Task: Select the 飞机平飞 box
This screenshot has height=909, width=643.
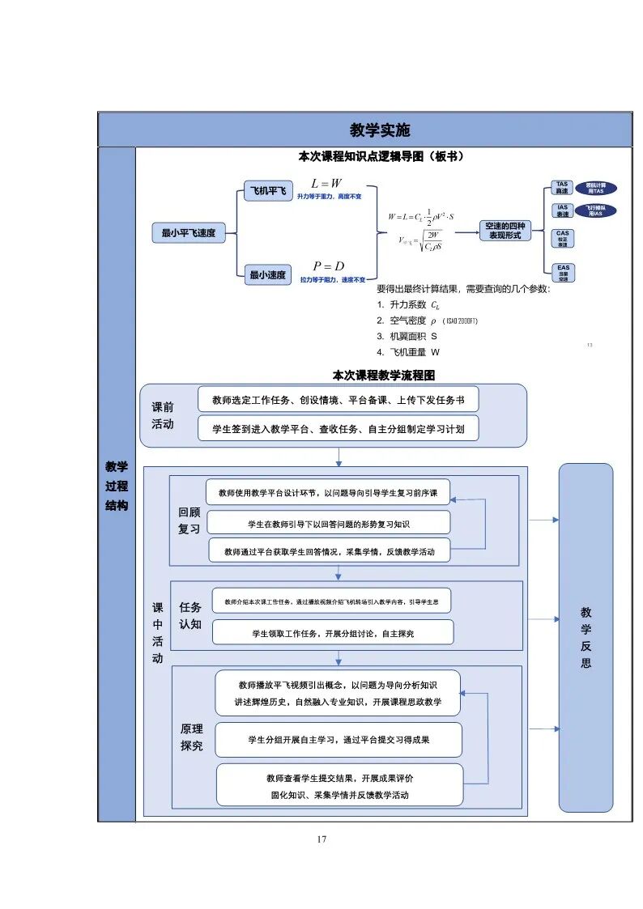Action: (x=266, y=192)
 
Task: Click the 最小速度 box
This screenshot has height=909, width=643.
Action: (x=266, y=275)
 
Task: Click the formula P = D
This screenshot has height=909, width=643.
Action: (x=328, y=266)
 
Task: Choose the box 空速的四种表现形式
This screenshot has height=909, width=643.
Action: (x=505, y=230)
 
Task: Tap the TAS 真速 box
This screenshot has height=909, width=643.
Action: (x=562, y=188)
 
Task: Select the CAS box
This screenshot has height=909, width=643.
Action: (x=562, y=238)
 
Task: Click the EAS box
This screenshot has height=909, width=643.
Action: (x=562, y=272)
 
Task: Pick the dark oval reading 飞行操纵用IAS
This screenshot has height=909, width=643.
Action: (x=595, y=210)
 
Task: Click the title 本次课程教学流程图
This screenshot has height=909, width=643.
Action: (x=384, y=376)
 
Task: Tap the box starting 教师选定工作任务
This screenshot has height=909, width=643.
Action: (x=338, y=399)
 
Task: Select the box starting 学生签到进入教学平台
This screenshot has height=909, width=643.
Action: (x=338, y=428)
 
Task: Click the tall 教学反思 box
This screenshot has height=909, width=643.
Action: (x=586, y=637)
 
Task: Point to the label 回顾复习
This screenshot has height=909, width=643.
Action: (x=189, y=520)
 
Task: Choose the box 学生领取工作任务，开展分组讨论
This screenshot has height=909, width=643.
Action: (x=332, y=632)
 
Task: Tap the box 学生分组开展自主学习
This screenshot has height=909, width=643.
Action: (x=339, y=740)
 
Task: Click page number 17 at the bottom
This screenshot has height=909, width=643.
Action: (x=321, y=839)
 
